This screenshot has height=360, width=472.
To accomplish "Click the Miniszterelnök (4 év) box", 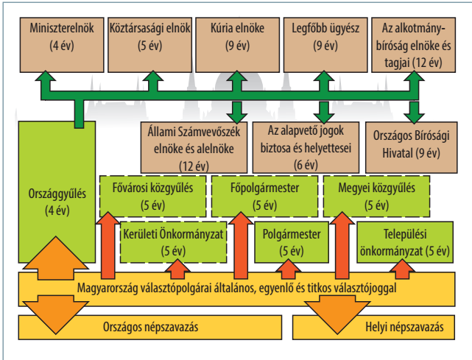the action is [x=62, y=45].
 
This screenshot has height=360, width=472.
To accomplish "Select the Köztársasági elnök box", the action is [x=150, y=45].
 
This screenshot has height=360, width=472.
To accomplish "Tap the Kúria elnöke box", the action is [x=238, y=45].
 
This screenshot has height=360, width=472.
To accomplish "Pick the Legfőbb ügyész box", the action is [x=325, y=45].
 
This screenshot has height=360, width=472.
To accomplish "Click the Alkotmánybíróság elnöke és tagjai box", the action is [x=413, y=45].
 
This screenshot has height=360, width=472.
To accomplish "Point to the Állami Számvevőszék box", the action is [x=194, y=147].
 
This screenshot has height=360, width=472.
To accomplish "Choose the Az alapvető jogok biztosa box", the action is [x=306, y=147].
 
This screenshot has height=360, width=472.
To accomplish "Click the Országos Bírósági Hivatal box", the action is [x=411, y=147].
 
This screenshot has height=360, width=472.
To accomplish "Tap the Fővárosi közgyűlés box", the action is [x=153, y=197].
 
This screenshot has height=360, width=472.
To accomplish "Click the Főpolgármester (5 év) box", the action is [x=264, y=197].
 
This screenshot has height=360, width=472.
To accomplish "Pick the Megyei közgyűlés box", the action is [x=376, y=197].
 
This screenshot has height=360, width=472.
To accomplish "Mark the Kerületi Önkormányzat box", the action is [x=173, y=242].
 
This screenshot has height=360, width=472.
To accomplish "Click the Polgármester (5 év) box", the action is [x=292, y=242].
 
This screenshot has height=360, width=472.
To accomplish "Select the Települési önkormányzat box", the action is [x=405, y=242].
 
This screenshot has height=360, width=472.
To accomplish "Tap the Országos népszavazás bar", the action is [x=150, y=327].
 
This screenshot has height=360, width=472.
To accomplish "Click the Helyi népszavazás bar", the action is [x=373, y=327].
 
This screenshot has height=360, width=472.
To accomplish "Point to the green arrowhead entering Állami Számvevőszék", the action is [x=237, y=116].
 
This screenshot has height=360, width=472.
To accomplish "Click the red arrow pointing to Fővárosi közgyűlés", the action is [x=108, y=245].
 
